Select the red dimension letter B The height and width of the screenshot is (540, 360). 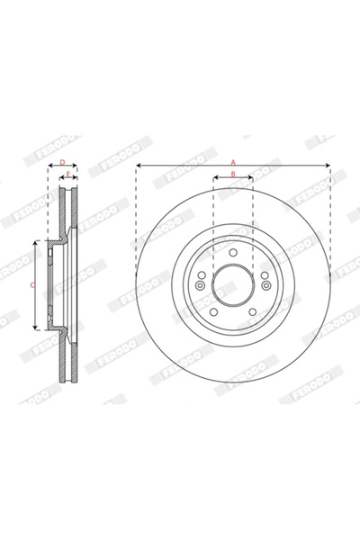pos(233,175)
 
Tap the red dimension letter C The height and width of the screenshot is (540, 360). pos(32,284)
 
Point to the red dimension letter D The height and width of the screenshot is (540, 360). pos(61,162)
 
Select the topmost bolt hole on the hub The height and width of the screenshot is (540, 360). pos(233,253)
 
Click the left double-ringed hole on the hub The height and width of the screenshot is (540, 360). pos(199,284)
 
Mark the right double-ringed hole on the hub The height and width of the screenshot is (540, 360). pos(267,284)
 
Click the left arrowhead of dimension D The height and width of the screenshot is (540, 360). pos(48,167)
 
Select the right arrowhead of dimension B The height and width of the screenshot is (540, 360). pos(251,180)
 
